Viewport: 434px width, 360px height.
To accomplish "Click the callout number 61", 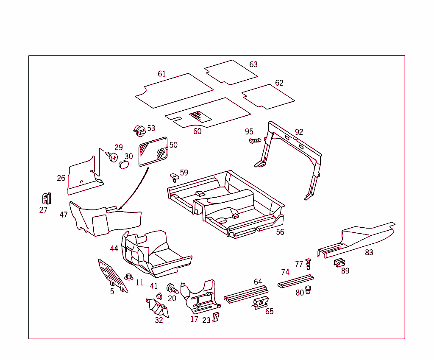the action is coord(161,74).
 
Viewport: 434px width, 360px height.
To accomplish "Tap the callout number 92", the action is coord(299,132).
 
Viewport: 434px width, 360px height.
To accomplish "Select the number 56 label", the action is coord(280,232).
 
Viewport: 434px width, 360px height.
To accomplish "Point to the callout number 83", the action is coord(369,253).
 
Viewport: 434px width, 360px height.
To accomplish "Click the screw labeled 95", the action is coord(255,141).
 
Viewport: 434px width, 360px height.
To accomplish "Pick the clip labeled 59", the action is coord(174,178).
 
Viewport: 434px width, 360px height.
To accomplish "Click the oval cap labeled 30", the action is coord(123,165).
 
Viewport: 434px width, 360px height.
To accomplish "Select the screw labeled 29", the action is coord(112,156).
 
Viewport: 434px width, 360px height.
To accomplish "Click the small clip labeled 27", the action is coord(47,198).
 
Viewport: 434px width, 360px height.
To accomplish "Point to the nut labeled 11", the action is coord(129,276).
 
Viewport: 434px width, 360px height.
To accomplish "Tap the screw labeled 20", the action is coord(172,289).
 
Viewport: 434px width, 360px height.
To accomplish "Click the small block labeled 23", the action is coord(216,317).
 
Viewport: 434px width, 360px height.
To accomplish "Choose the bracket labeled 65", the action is coord(261,303).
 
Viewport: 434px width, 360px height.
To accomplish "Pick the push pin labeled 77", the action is coord(309,264).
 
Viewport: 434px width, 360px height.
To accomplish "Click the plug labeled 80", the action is coord(308,290).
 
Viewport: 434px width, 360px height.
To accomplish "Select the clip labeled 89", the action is coord(339,262).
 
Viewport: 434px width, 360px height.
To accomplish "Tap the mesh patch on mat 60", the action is coord(200,116).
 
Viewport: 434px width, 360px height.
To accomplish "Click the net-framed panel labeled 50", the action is coord(153,152).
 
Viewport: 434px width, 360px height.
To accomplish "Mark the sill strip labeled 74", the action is coord(295,282).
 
